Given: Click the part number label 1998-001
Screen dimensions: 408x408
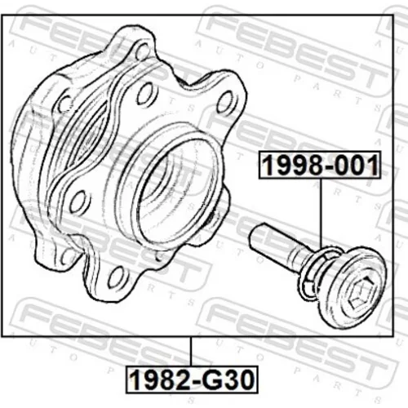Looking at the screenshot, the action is tap(320, 165).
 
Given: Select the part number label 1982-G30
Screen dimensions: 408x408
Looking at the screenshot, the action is tap(192, 379).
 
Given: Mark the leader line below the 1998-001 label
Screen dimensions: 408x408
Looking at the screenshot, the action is tap(321, 213).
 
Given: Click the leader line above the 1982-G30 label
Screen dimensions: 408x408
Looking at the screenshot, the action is tap(192, 351).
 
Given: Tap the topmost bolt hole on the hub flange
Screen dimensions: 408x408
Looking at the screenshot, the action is tap(142, 51).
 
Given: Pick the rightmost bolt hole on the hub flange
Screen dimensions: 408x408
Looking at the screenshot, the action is tap(225, 102).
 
